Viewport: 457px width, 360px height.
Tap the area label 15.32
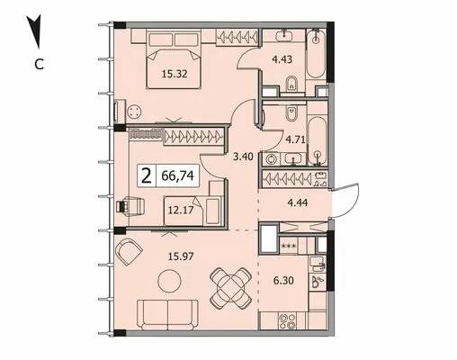(x=175, y=74)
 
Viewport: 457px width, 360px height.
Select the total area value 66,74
(x=177, y=175)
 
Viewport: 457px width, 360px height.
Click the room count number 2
(x=147, y=176)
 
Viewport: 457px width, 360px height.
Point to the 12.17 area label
(x=181, y=210)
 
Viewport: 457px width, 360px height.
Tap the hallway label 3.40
(x=243, y=157)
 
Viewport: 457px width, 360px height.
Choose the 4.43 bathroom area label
(x=282, y=59)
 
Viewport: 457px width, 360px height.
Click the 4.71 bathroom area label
(x=295, y=139)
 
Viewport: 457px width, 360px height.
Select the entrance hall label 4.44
(x=298, y=202)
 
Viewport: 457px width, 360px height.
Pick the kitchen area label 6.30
(x=283, y=281)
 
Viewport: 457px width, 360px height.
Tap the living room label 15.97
(x=181, y=256)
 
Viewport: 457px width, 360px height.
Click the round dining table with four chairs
(x=230, y=288)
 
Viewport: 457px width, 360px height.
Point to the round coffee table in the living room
(x=169, y=282)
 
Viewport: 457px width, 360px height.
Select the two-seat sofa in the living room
(x=168, y=315)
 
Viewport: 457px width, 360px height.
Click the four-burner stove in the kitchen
(x=287, y=321)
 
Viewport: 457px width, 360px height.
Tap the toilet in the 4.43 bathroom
(x=291, y=84)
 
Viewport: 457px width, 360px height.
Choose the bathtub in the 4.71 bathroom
(x=317, y=141)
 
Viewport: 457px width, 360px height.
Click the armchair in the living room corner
(x=129, y=251)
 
